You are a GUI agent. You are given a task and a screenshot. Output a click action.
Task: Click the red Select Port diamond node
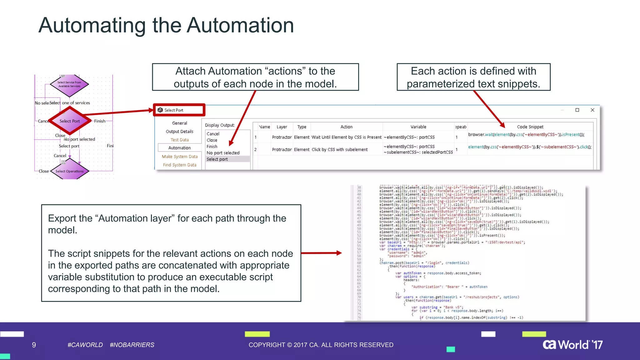point(70,121)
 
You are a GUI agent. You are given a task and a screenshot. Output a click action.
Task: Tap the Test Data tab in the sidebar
point(179,140)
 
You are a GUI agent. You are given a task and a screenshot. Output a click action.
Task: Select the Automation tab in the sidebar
point(179,148)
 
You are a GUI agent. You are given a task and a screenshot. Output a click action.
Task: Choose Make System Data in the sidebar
point(179,157)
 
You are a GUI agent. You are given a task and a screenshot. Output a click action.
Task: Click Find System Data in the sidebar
point(179,165)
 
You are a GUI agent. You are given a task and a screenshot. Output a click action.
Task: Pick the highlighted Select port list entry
point(217,159)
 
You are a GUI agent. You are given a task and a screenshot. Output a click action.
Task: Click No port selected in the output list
point(223,153)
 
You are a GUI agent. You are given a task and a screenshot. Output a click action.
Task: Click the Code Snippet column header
point(530,127)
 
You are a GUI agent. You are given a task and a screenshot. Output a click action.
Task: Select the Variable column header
point(418,127)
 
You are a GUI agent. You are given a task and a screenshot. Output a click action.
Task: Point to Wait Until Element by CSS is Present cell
point(346,137)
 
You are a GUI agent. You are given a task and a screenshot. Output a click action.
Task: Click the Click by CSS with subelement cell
point(339,150)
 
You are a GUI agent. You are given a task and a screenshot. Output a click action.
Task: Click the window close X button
point(592,110)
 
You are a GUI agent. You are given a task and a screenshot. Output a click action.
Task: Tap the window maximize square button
point(577,110)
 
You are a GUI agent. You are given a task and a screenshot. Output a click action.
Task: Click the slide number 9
point(34,345)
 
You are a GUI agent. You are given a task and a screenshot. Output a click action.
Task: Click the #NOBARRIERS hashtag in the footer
point(132,345)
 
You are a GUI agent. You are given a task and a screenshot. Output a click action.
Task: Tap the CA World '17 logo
point(572,345)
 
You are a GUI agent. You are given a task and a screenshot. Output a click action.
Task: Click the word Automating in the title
point(92,26)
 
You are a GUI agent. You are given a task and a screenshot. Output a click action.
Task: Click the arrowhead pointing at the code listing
point(339,253)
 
